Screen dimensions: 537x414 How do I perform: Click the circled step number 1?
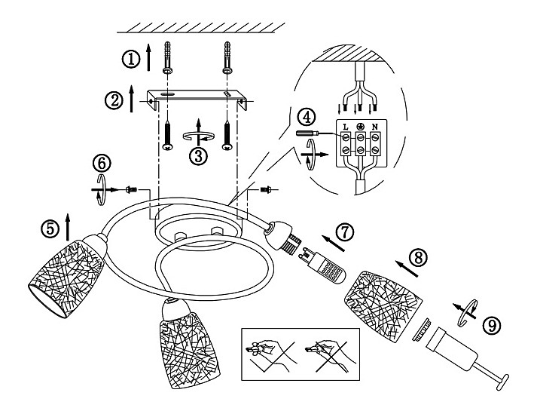131,59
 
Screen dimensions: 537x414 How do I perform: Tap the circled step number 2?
114,100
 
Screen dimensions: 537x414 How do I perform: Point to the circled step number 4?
307,117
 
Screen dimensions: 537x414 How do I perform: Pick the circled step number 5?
50,228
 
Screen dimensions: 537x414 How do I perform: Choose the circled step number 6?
102,164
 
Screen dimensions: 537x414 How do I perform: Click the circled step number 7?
344,232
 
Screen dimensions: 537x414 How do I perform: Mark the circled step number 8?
418,258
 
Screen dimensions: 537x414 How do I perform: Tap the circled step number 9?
492,325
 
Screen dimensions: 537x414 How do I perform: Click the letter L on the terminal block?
346,127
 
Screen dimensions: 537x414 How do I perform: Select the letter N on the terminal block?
375,127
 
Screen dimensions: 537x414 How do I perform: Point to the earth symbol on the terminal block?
360,127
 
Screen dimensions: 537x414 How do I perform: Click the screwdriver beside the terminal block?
308,133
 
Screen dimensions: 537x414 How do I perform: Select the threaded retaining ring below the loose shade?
423,330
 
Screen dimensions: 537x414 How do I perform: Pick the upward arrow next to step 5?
68,227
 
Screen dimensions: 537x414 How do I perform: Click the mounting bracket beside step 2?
197,100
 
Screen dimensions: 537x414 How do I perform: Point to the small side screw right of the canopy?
266,189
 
